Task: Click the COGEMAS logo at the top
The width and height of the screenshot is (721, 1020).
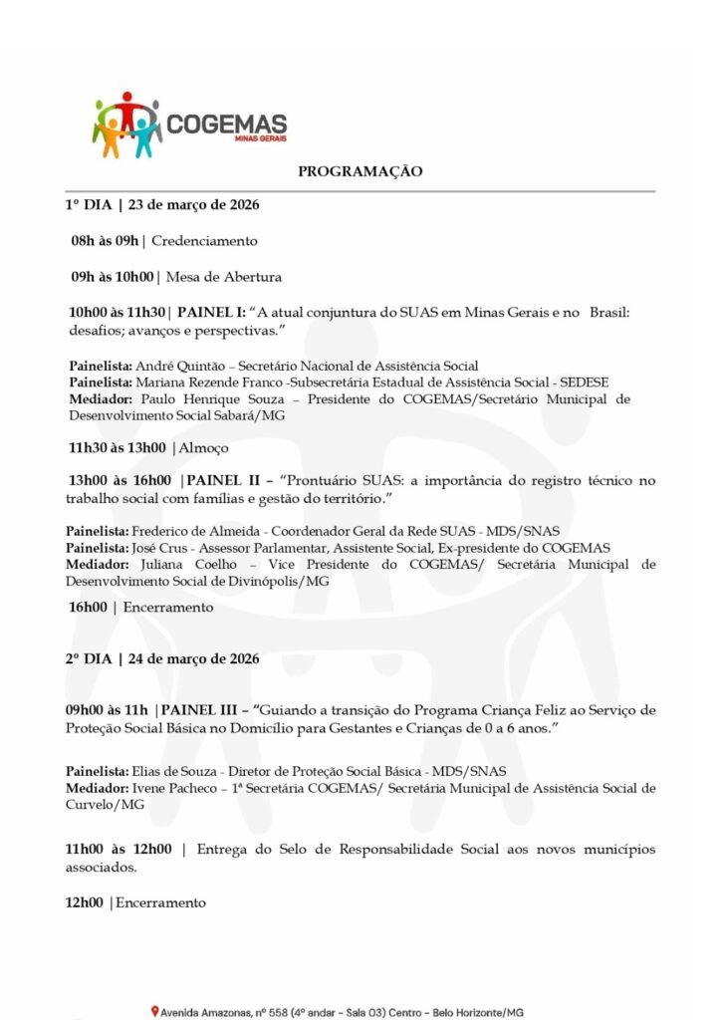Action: (x=189, y=125)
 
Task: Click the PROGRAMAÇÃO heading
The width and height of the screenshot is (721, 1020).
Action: (x=360, y=171)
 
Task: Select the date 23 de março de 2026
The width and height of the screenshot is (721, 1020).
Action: (x=194, y=205)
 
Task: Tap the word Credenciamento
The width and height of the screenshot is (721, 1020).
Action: (x=204, y=241)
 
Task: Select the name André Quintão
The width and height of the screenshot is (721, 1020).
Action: (x=167, y=366)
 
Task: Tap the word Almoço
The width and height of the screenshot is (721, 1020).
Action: (x=203, y=448)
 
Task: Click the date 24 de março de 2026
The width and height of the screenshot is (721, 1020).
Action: (x=195, y=658)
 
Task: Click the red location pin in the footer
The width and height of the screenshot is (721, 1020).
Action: (x=154, y=1012)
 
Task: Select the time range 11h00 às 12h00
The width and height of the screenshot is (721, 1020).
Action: (x=119, y=849)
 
